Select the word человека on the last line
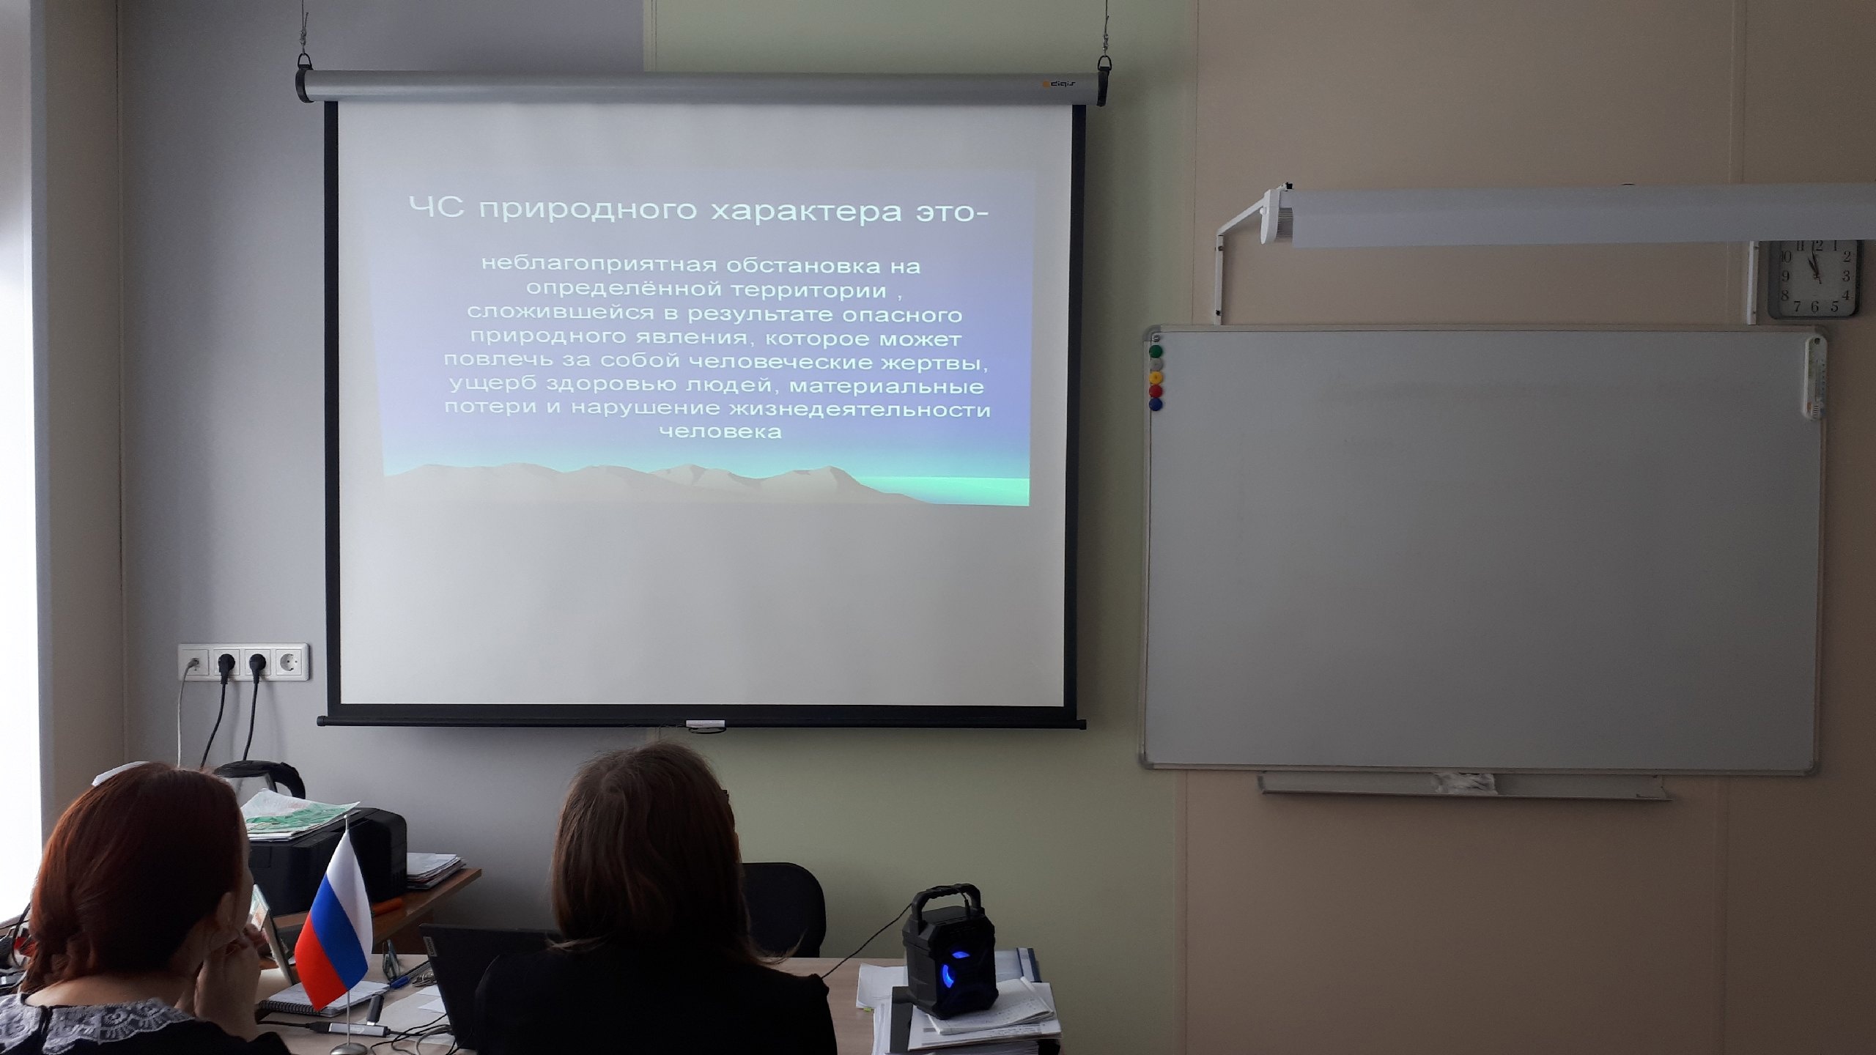pos(720,432)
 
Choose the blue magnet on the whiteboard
pos(1156,403)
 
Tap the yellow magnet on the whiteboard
pos(1156,377)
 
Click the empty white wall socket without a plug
pos(291,662)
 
